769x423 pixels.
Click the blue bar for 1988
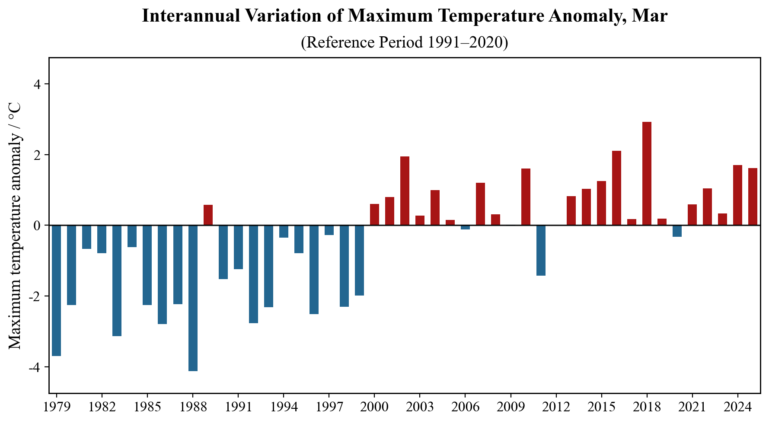(193, 298)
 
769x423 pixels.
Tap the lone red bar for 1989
(208, 215)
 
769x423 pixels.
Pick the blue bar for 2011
(541, 250)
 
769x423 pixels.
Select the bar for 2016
(616, 188)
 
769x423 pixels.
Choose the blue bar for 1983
(117, 280)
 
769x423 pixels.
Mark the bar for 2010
(526, 197)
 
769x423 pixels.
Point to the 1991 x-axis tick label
(238, 408)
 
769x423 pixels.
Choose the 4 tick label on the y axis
(38, 84)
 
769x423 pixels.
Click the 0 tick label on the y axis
(38, 226)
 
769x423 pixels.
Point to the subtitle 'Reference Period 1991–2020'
(404, 42)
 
